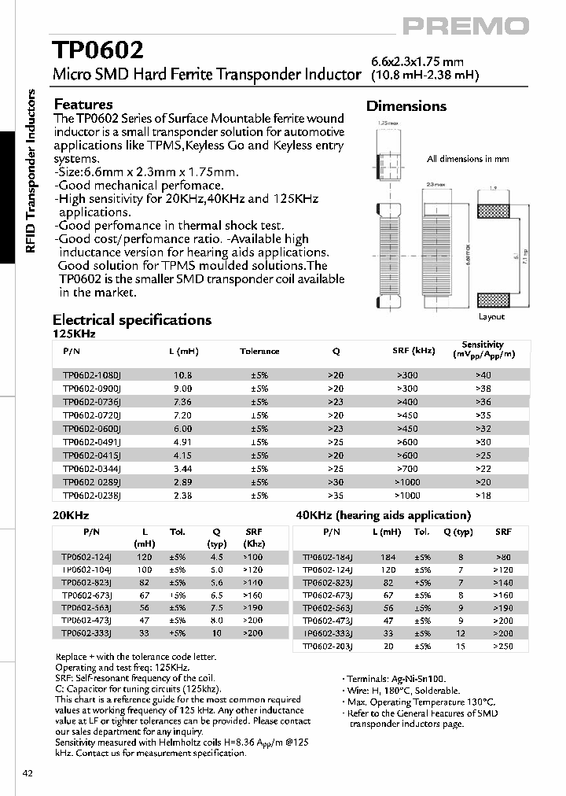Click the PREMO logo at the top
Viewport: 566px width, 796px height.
465,27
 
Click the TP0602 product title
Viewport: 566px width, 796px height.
97,51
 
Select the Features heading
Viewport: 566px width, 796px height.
83,105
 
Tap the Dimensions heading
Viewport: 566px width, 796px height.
406,106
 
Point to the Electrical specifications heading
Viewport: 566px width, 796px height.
131,320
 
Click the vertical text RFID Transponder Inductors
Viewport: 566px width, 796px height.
31,171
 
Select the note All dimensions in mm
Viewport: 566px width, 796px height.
468,159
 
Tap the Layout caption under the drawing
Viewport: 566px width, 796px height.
491,317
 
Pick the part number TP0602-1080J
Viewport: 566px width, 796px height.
91,375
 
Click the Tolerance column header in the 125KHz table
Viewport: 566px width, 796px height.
259,351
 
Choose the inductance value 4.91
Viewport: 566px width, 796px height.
182,442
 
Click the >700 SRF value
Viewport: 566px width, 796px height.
406,469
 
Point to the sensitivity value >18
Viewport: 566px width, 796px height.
483,496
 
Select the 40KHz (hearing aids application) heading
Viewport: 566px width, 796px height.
383,515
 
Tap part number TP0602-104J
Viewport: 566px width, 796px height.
86,569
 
